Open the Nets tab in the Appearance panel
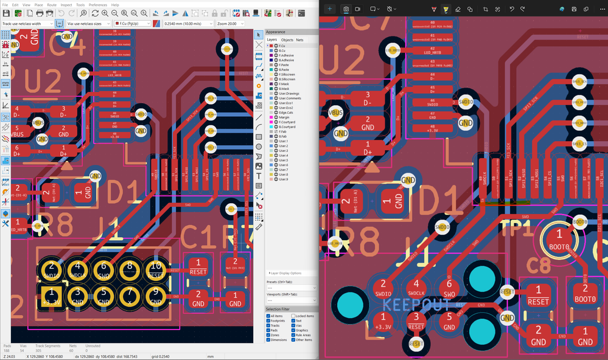299,40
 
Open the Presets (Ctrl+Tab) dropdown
291,288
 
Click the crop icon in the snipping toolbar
486,9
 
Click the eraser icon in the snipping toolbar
458,9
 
